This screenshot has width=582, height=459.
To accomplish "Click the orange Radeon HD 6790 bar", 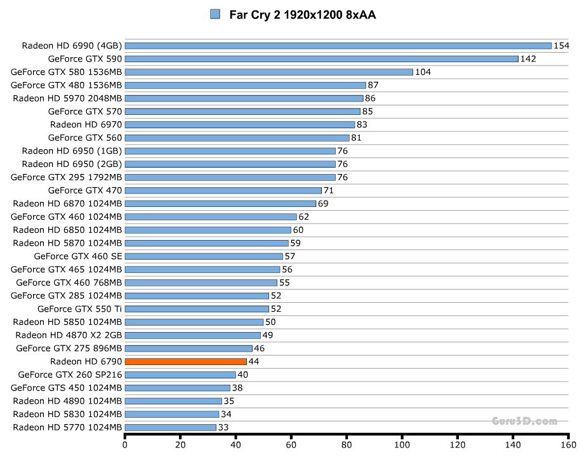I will [185, 361].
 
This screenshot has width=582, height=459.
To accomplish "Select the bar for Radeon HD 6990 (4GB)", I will [338, 46].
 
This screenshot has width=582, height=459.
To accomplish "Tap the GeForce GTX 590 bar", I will [321, 59].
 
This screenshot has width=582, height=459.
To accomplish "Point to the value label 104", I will [423, 72].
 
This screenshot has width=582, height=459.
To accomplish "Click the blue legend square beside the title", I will [215, 14].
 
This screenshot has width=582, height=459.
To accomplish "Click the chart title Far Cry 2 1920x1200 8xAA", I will [302, 15].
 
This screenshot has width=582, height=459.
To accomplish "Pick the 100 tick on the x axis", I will [402, 444].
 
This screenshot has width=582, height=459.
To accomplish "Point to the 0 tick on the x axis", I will [125, 444].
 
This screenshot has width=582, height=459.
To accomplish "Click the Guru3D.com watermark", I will [524, 421].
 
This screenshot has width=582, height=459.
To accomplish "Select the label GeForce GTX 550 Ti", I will [79, 309].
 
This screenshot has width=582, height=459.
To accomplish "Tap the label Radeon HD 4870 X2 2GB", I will [69, 335].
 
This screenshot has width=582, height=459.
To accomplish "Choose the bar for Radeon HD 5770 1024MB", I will [170, 427].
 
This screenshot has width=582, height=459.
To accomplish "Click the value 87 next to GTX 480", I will [373, 85].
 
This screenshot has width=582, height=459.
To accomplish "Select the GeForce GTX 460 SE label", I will [77, 256].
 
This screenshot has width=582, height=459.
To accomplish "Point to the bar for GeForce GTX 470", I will [223, 190].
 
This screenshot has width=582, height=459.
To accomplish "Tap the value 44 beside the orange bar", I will [254, 362].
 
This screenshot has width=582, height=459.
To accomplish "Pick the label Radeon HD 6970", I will [86, 124].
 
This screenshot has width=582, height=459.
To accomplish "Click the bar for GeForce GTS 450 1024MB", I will [177, 388].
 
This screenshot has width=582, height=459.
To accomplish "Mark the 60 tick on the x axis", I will [291, 444].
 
